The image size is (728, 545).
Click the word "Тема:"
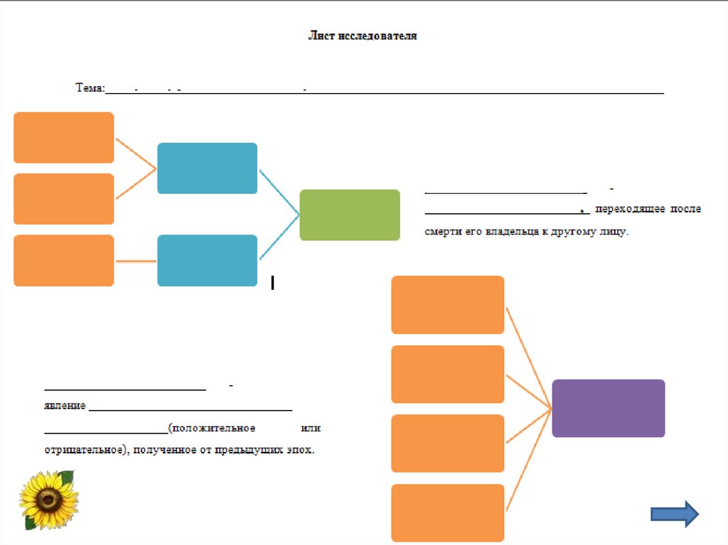tap(90, 88)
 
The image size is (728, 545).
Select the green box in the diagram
tap(350, 215)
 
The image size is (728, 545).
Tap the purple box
tap(608, 408)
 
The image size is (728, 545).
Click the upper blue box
tap(207, 168)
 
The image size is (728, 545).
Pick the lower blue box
tap(207, 260)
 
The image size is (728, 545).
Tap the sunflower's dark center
tap(48, 500)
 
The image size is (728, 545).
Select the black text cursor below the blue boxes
tap(273, 284)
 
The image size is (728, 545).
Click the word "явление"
tap(65, 406)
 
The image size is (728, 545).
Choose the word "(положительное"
tap(212, 428)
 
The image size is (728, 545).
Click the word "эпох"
tap(299, 450)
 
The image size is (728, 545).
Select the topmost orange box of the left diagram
tap(63, 137)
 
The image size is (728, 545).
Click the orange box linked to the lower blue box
tap(63, 260)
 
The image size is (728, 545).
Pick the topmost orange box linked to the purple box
tap(447, 305)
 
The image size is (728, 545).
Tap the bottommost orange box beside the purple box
tap(447, 512)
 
